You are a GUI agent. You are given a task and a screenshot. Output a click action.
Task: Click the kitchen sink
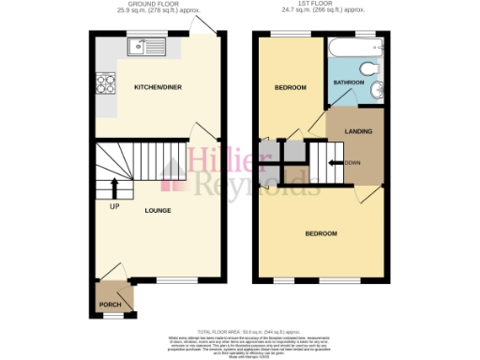149,42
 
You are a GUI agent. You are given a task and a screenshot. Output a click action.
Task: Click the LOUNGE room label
157,210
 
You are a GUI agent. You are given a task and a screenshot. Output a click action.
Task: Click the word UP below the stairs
114,205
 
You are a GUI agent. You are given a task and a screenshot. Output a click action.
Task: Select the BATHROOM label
349,83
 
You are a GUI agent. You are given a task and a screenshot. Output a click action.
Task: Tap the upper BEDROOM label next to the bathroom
290,88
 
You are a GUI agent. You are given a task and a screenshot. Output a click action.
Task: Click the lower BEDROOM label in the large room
322,232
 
